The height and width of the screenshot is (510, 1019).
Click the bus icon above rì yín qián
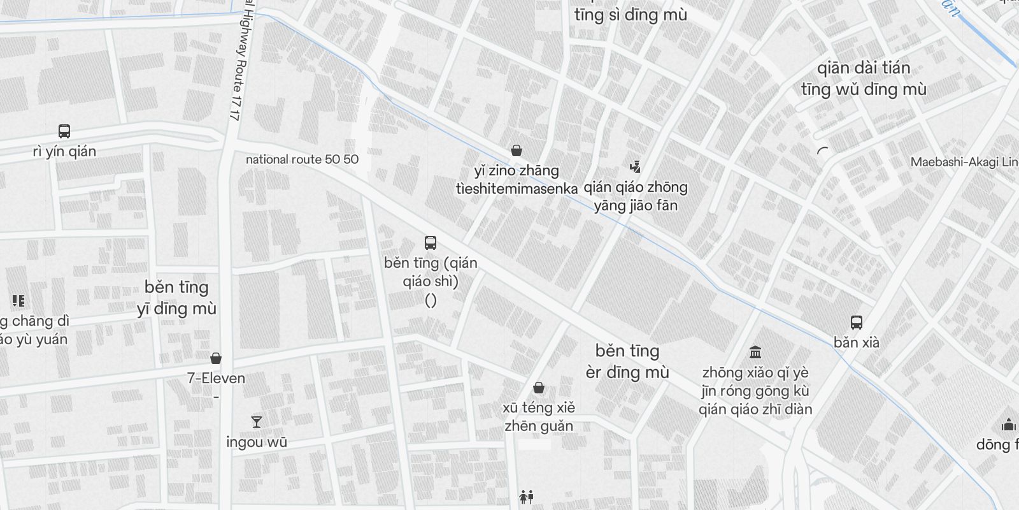tap(64, 131)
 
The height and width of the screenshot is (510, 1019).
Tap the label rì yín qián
tap(64, 152)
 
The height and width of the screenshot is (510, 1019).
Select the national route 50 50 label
tap(302, 159)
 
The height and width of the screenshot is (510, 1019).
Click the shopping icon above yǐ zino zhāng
tap(517, 151)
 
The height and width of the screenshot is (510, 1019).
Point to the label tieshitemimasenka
tap(517, 189)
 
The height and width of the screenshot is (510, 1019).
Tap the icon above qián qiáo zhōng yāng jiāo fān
tap(634, 167)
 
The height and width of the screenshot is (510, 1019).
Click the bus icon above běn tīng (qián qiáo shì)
tap(431, 243)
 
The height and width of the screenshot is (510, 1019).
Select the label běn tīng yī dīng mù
tap(176, 298)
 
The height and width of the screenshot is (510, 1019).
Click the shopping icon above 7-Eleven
tap(216, 358)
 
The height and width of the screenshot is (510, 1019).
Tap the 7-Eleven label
tap(216, 378)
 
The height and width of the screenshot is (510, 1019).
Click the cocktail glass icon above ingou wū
tap(256, 421)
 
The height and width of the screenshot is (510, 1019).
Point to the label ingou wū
tap(256, 442)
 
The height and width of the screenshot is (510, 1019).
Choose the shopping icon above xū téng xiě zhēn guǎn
tap(539, 388)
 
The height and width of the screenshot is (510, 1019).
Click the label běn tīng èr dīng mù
tap(627, 361)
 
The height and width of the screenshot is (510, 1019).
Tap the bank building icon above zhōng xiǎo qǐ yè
tap(755, 352)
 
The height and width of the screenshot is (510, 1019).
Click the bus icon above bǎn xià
tap(857, 323)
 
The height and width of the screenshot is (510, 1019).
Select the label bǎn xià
tap(857, 342)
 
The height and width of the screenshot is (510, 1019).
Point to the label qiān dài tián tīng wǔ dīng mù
tap(864, 78)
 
